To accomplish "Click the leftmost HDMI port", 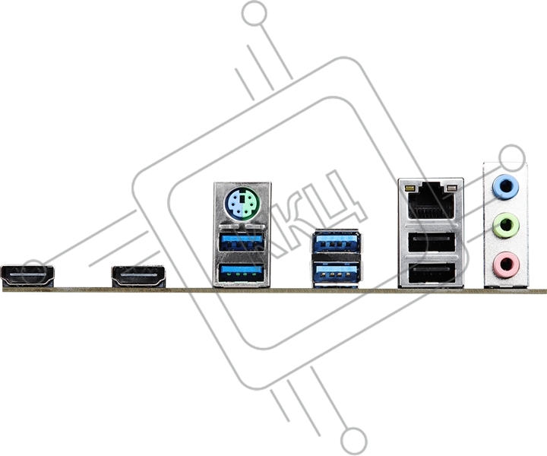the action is point(27,276).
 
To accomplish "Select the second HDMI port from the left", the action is point(138,277).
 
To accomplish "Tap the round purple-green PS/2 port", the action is point(242,204).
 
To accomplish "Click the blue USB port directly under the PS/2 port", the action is point(241,242).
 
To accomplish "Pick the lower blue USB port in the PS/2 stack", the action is point(241,272).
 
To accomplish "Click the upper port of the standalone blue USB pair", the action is point(337,241).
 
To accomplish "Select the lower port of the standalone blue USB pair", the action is point(337,272).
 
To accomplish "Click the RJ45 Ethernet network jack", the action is point(432,201).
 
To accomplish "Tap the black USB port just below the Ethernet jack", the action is point(432,242).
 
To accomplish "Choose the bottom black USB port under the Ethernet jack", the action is point(432,273).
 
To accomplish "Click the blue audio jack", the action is point(505,187).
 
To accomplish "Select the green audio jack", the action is point(505,226).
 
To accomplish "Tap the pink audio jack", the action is point(506,264).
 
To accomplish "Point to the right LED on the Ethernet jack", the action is point(452,188).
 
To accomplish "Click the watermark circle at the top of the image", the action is point(255,13).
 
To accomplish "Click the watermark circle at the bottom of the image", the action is point(354,439).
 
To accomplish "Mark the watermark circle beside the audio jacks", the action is point(512,157).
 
